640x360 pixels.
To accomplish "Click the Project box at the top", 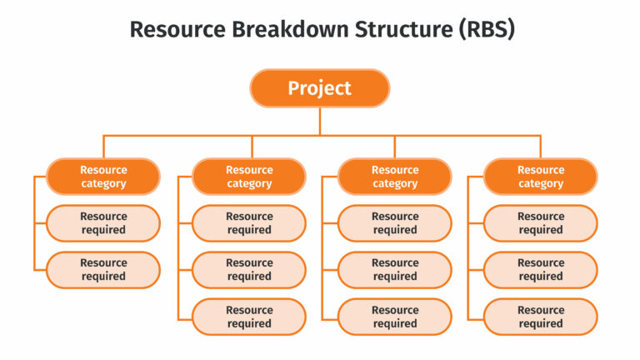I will [x=320, y=88].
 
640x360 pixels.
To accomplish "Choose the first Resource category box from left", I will [x=103, y=177].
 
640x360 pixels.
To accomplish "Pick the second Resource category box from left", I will [x=249, y=177].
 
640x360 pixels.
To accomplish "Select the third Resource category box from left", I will [x=395, y=177].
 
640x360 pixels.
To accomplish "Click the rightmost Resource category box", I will [x=541, y=177].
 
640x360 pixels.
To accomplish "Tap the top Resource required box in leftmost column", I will [x=103, y=223].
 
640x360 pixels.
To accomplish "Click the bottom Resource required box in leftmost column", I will [x=103, y=270].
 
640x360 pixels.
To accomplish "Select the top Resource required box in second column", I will [x=249, y=223].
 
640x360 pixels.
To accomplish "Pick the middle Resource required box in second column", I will [x=249, y=270].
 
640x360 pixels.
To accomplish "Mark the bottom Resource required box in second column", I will [x=249, y=317].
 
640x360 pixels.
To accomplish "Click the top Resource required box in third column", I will [x=395, y=223].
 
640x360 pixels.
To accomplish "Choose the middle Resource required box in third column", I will [x=395, y=270].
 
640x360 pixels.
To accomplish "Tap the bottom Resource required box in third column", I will [x=395, y=317].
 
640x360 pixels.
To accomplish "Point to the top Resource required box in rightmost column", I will [x=541, y=223].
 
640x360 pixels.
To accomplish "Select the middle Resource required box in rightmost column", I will [x=541, y=270].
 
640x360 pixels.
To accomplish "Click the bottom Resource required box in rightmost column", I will [x=541, y=317].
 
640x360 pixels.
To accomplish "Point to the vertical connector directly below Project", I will [x=320, y=122].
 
